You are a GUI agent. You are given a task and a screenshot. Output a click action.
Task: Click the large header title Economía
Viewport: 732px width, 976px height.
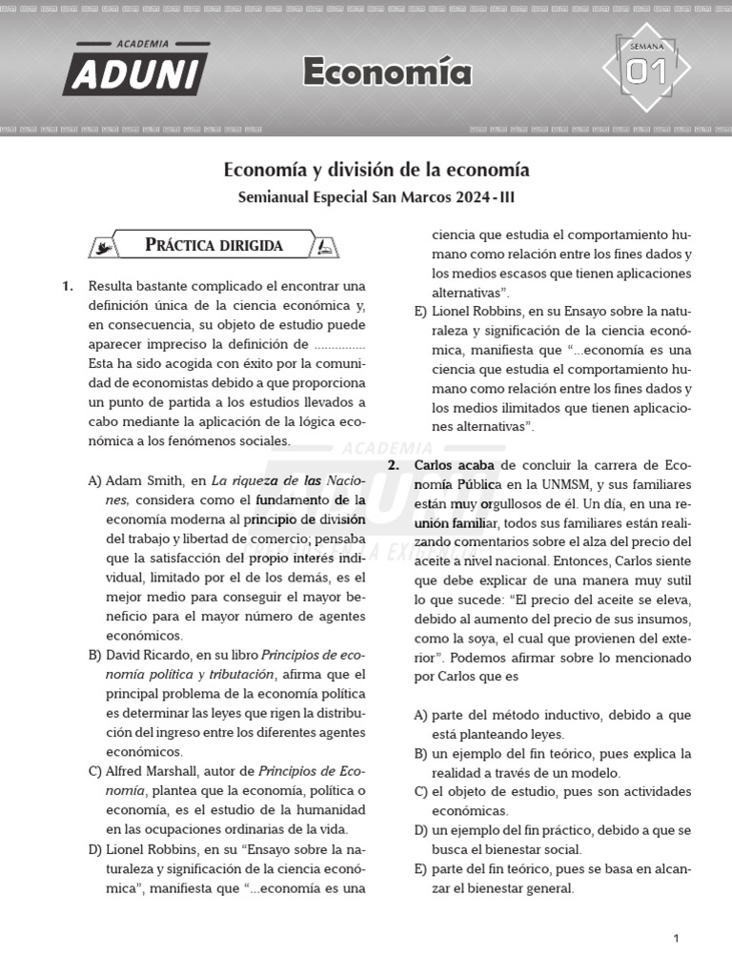pyautogui.click(x=387, y=72)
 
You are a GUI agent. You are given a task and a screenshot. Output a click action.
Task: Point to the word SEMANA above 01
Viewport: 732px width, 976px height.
pyautogui.click(x=646, y=46)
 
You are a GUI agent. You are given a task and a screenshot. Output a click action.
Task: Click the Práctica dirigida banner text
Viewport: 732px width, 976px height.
pyautogui.click(x=213, y=245)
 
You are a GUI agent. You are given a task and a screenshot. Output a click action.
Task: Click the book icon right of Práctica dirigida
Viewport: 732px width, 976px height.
pyautogui.click(x=325, y=247)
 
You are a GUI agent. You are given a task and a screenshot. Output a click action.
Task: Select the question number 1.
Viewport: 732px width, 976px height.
pyautogui.click(x=67, y=286)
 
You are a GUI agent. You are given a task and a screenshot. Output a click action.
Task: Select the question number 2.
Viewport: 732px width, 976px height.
pyautogui.click(x=393, y=464)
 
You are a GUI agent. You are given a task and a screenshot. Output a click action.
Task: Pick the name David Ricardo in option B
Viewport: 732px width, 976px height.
pyautogui.click(x=147, y=655)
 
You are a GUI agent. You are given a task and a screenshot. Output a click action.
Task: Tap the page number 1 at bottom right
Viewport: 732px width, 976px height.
pyautogui.click(x=676, y=939)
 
